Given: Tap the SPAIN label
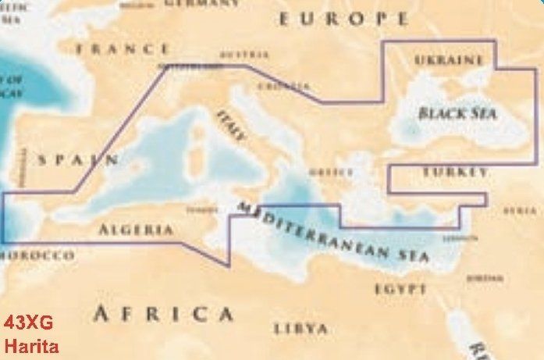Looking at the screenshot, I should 79,160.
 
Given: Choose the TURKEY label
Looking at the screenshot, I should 455,172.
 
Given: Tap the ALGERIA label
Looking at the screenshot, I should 136,230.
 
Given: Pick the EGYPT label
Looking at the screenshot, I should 400,289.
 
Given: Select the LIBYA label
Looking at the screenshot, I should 300,328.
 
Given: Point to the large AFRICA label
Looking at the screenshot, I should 163,314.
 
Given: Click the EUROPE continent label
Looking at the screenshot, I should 343,18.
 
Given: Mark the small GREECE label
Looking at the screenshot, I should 325,172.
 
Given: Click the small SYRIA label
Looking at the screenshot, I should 520,211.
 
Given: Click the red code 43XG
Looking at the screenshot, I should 29,323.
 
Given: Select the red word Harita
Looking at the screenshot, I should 30,346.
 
